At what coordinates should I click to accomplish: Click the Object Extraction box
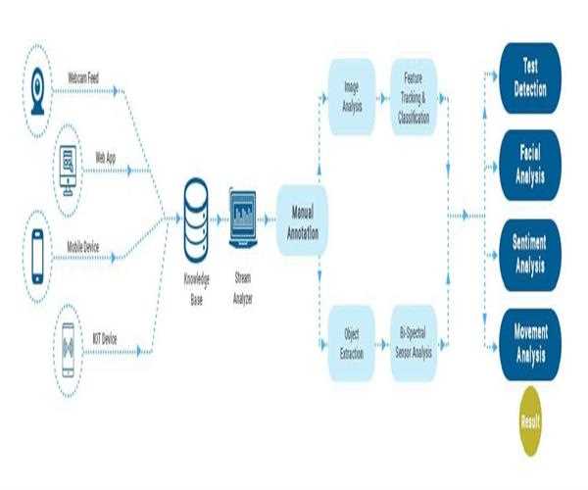351,343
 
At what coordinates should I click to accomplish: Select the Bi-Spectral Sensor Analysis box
413,343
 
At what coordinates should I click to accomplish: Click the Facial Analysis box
529,165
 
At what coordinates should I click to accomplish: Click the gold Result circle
529,420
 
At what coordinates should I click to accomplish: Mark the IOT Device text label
105,339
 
